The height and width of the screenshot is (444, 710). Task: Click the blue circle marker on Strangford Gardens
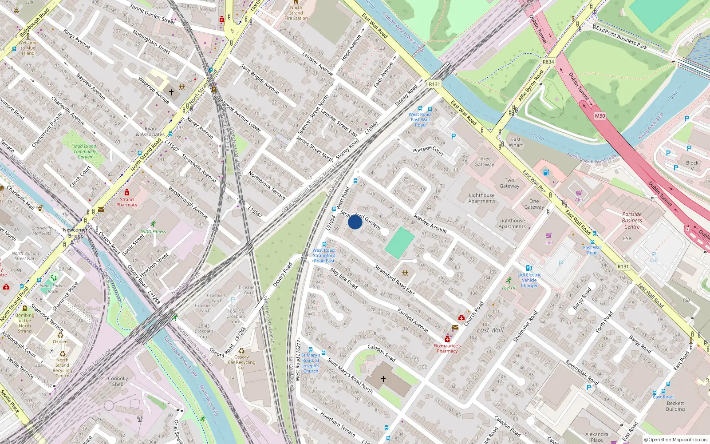click(x=355, y=222)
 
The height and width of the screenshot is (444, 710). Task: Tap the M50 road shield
click(x=600, y=116)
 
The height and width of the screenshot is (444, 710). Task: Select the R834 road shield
click(x=548, y=62)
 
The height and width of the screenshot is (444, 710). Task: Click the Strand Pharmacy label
click(x=127, y=202)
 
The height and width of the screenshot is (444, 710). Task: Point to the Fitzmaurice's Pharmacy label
click(x=447, y=348)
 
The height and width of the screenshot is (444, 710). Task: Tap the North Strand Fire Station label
click(x=296, y=13)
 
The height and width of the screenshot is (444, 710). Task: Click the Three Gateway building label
click(x=484, y=162)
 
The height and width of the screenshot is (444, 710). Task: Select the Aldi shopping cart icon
click(x=579, y=193)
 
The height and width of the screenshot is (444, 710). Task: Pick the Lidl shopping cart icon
click(x=549, y=236)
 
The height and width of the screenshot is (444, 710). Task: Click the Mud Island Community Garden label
click(x=85, y=151)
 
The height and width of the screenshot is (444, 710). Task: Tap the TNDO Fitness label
click(x=153, y=231)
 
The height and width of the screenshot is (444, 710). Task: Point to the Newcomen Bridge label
click(x=75, y=233)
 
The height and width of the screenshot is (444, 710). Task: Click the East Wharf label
click(x=516, y=142)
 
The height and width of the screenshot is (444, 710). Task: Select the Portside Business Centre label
click(x=632, y=220)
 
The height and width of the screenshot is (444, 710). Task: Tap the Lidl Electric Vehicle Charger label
click(x=529, y=280)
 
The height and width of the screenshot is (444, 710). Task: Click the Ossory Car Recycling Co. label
click(x=241, y=362)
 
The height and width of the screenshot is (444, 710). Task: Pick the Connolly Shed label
click(x=118, y=381)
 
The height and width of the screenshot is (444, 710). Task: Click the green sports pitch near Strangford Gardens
click(x=399, y=242)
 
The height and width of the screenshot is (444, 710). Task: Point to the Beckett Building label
click(x=675, y=406)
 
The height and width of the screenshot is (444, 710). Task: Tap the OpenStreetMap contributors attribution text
click(x=676, y=440)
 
